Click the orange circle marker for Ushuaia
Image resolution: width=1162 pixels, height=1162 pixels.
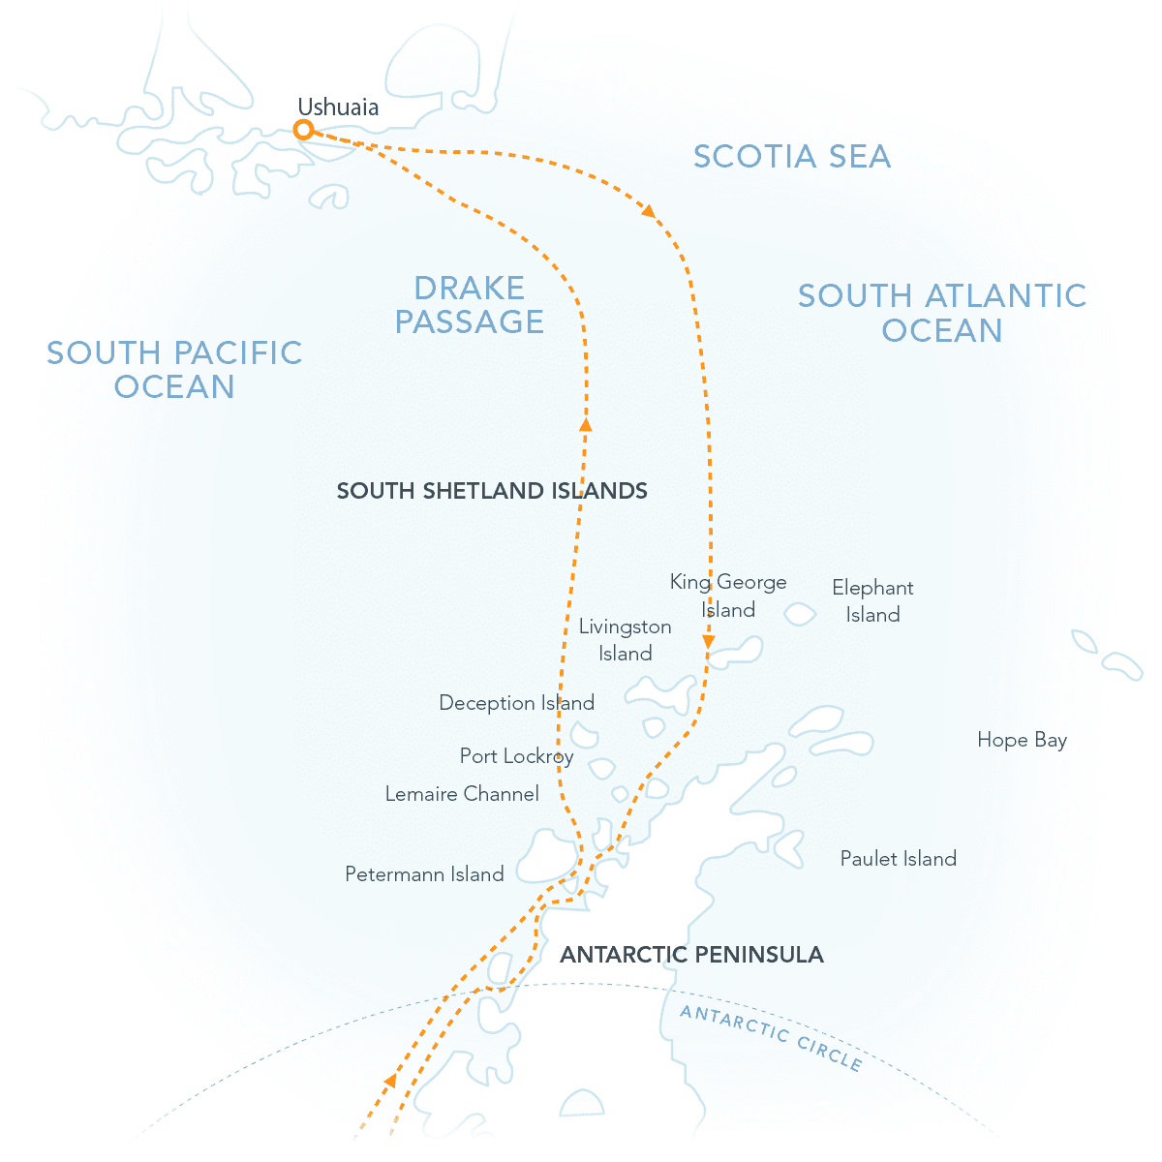coord(304,130)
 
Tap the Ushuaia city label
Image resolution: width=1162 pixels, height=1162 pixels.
coord(338,107)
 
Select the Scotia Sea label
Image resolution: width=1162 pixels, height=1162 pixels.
coord(792,157)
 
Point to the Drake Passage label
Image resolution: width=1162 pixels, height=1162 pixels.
coord(470,304)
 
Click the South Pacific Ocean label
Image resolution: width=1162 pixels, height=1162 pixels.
coord(175,369)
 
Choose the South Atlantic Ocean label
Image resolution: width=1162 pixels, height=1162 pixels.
coord(942,312)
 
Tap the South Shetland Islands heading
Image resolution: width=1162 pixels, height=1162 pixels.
coord(492,491)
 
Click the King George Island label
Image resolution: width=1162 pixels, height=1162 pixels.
coord(728,596)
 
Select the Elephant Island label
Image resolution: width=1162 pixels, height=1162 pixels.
coord(872,600)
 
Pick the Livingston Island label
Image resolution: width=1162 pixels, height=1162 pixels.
coord(625,640)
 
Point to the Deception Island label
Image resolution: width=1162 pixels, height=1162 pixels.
coord(516,703)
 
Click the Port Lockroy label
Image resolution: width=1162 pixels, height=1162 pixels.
coord(516,756)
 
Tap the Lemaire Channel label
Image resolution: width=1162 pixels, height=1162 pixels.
coord(462,794)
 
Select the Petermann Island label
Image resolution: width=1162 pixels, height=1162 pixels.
coord(424,874)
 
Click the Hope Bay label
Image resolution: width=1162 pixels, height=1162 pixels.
coord(1022,740)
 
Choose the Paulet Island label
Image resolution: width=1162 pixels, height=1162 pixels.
coord(898,858)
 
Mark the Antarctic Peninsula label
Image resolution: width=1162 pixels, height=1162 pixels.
coord(691,955)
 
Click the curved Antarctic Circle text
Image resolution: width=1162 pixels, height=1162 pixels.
coord(770,1037)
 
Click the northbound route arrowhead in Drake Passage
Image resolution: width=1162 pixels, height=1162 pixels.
coord(585,423)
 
